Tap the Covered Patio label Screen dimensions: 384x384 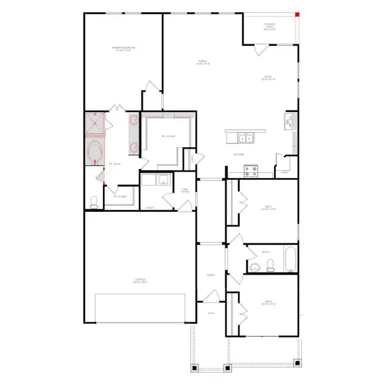(269, 28)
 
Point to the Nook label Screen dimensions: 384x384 (268, 78)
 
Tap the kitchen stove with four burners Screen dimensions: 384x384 (250, 170)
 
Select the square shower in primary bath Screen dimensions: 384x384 (96, 123)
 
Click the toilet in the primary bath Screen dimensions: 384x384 (94, 202)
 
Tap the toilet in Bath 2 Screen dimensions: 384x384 (270, 267)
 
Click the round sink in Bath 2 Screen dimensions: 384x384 (254, 267)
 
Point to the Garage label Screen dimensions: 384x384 (140, 280)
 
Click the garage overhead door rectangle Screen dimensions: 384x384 (142, 308)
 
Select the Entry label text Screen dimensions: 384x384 (211, 275)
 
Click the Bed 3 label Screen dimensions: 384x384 (269, 207)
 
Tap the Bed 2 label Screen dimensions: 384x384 (269, 302)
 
